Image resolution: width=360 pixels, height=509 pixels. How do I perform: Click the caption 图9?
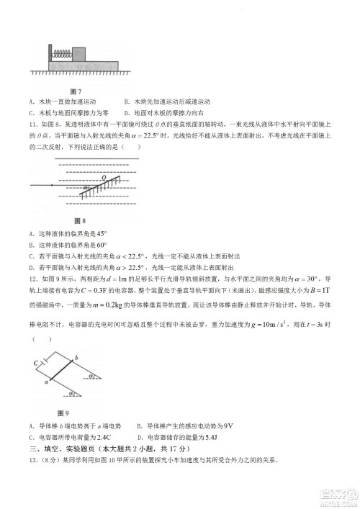click(x=62, y=413)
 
